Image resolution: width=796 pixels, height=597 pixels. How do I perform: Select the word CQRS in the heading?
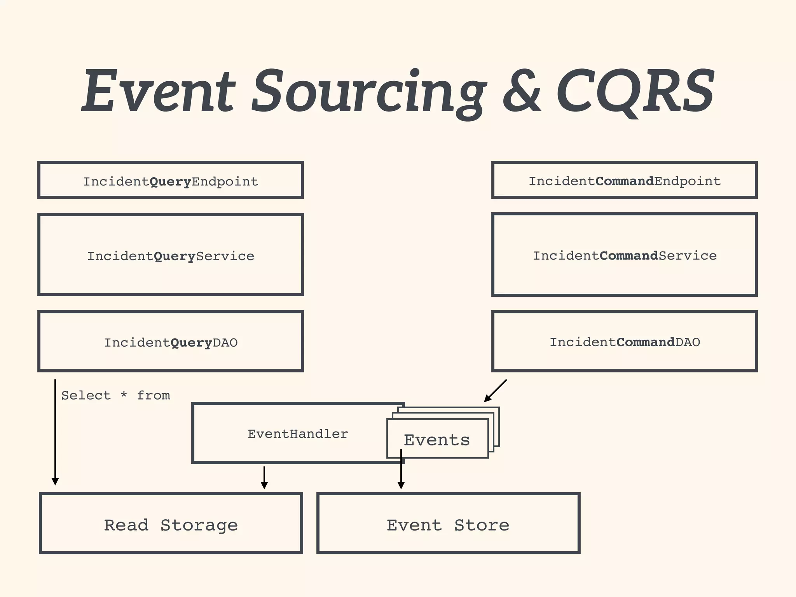(635, 91)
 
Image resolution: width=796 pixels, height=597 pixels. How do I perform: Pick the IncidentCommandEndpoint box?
(624, 181)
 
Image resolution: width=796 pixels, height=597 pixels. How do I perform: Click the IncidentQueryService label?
(171, 256)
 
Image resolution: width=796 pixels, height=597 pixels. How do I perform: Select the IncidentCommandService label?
(624, 255)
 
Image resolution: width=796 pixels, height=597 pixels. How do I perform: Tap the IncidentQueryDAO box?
(171, 342)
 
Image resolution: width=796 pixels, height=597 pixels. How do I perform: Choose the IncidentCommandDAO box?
(624, 342)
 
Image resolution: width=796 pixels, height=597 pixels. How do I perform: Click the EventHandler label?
(298, 434)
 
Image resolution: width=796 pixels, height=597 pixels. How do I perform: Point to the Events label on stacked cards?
(437, 440)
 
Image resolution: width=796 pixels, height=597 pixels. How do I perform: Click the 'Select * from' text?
(115, 395)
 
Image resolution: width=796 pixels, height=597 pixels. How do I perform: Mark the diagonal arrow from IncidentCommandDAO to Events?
(495, 391)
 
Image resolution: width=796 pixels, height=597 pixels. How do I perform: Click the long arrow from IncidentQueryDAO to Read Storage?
(55, 431)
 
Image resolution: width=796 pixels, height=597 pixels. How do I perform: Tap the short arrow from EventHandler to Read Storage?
(264, 478)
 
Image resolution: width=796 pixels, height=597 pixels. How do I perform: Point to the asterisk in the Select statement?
(124, 395)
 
